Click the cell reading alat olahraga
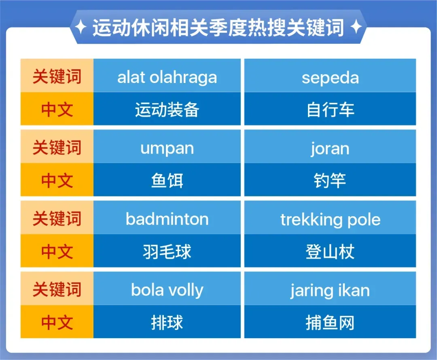(x=167, y=76)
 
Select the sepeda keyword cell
(x=330, y=76)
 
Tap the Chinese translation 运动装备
(x=167, y=109)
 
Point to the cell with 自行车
(x=330, y=109)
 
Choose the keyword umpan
(x=167, y=147)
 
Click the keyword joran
(x=330, y=147)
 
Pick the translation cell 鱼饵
(x=167, y=180)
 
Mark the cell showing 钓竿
(x=330, y=180)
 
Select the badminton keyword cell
(x=167, y=217)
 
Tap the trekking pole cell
(x=330, y=217)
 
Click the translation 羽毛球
(x=167, y=251)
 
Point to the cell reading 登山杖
(x=330, y=251)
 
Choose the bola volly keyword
(x=167, y=289)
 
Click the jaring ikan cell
(x=330, y=289)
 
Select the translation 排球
(x=167, y=322)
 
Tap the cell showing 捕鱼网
(x=330, y=322)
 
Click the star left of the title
(x=81, y=27)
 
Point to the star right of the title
(x=356, y=27)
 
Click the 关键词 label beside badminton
(x=57, y=217)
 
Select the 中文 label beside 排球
(x=57, y=322)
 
